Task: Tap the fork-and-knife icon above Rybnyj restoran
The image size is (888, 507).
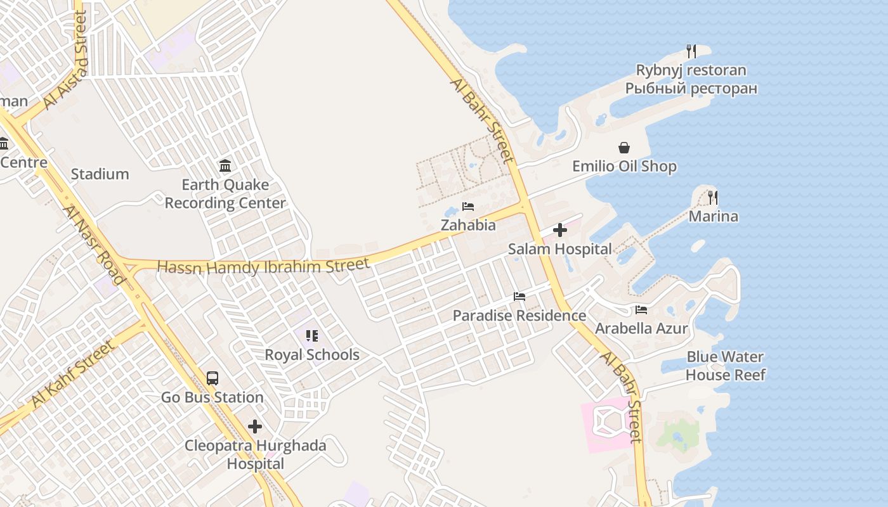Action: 691,51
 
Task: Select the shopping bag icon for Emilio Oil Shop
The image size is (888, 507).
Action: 624,148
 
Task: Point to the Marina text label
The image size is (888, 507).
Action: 714,217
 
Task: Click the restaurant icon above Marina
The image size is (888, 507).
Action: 713,197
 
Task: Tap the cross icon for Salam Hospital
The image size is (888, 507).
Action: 560,230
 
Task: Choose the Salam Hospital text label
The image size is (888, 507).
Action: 560,249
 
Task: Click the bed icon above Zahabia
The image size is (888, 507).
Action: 468,207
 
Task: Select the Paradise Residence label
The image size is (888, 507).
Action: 519,315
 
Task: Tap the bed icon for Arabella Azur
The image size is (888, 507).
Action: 641,310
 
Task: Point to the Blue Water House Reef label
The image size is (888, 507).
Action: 725,366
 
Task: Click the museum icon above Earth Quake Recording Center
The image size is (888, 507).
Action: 225,166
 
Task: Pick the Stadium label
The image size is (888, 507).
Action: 100,174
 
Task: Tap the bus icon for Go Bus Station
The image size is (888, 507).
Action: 212,378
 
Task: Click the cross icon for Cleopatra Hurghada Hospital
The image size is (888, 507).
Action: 255,427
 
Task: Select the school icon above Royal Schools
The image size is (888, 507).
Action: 311,336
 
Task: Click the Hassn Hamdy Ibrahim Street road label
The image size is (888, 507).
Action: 263,266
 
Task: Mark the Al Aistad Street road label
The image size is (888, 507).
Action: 66,60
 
